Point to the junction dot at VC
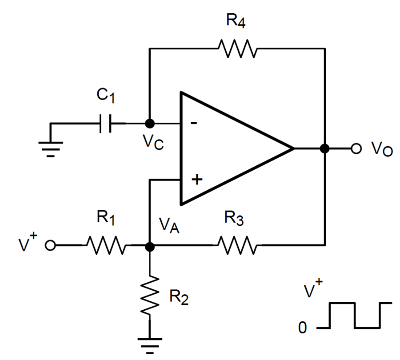pos(150,123)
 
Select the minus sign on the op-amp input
pos(194,123)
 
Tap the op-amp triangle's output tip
pos(293,149)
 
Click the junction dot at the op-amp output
pos(325,149)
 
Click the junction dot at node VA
pos(150,245)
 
